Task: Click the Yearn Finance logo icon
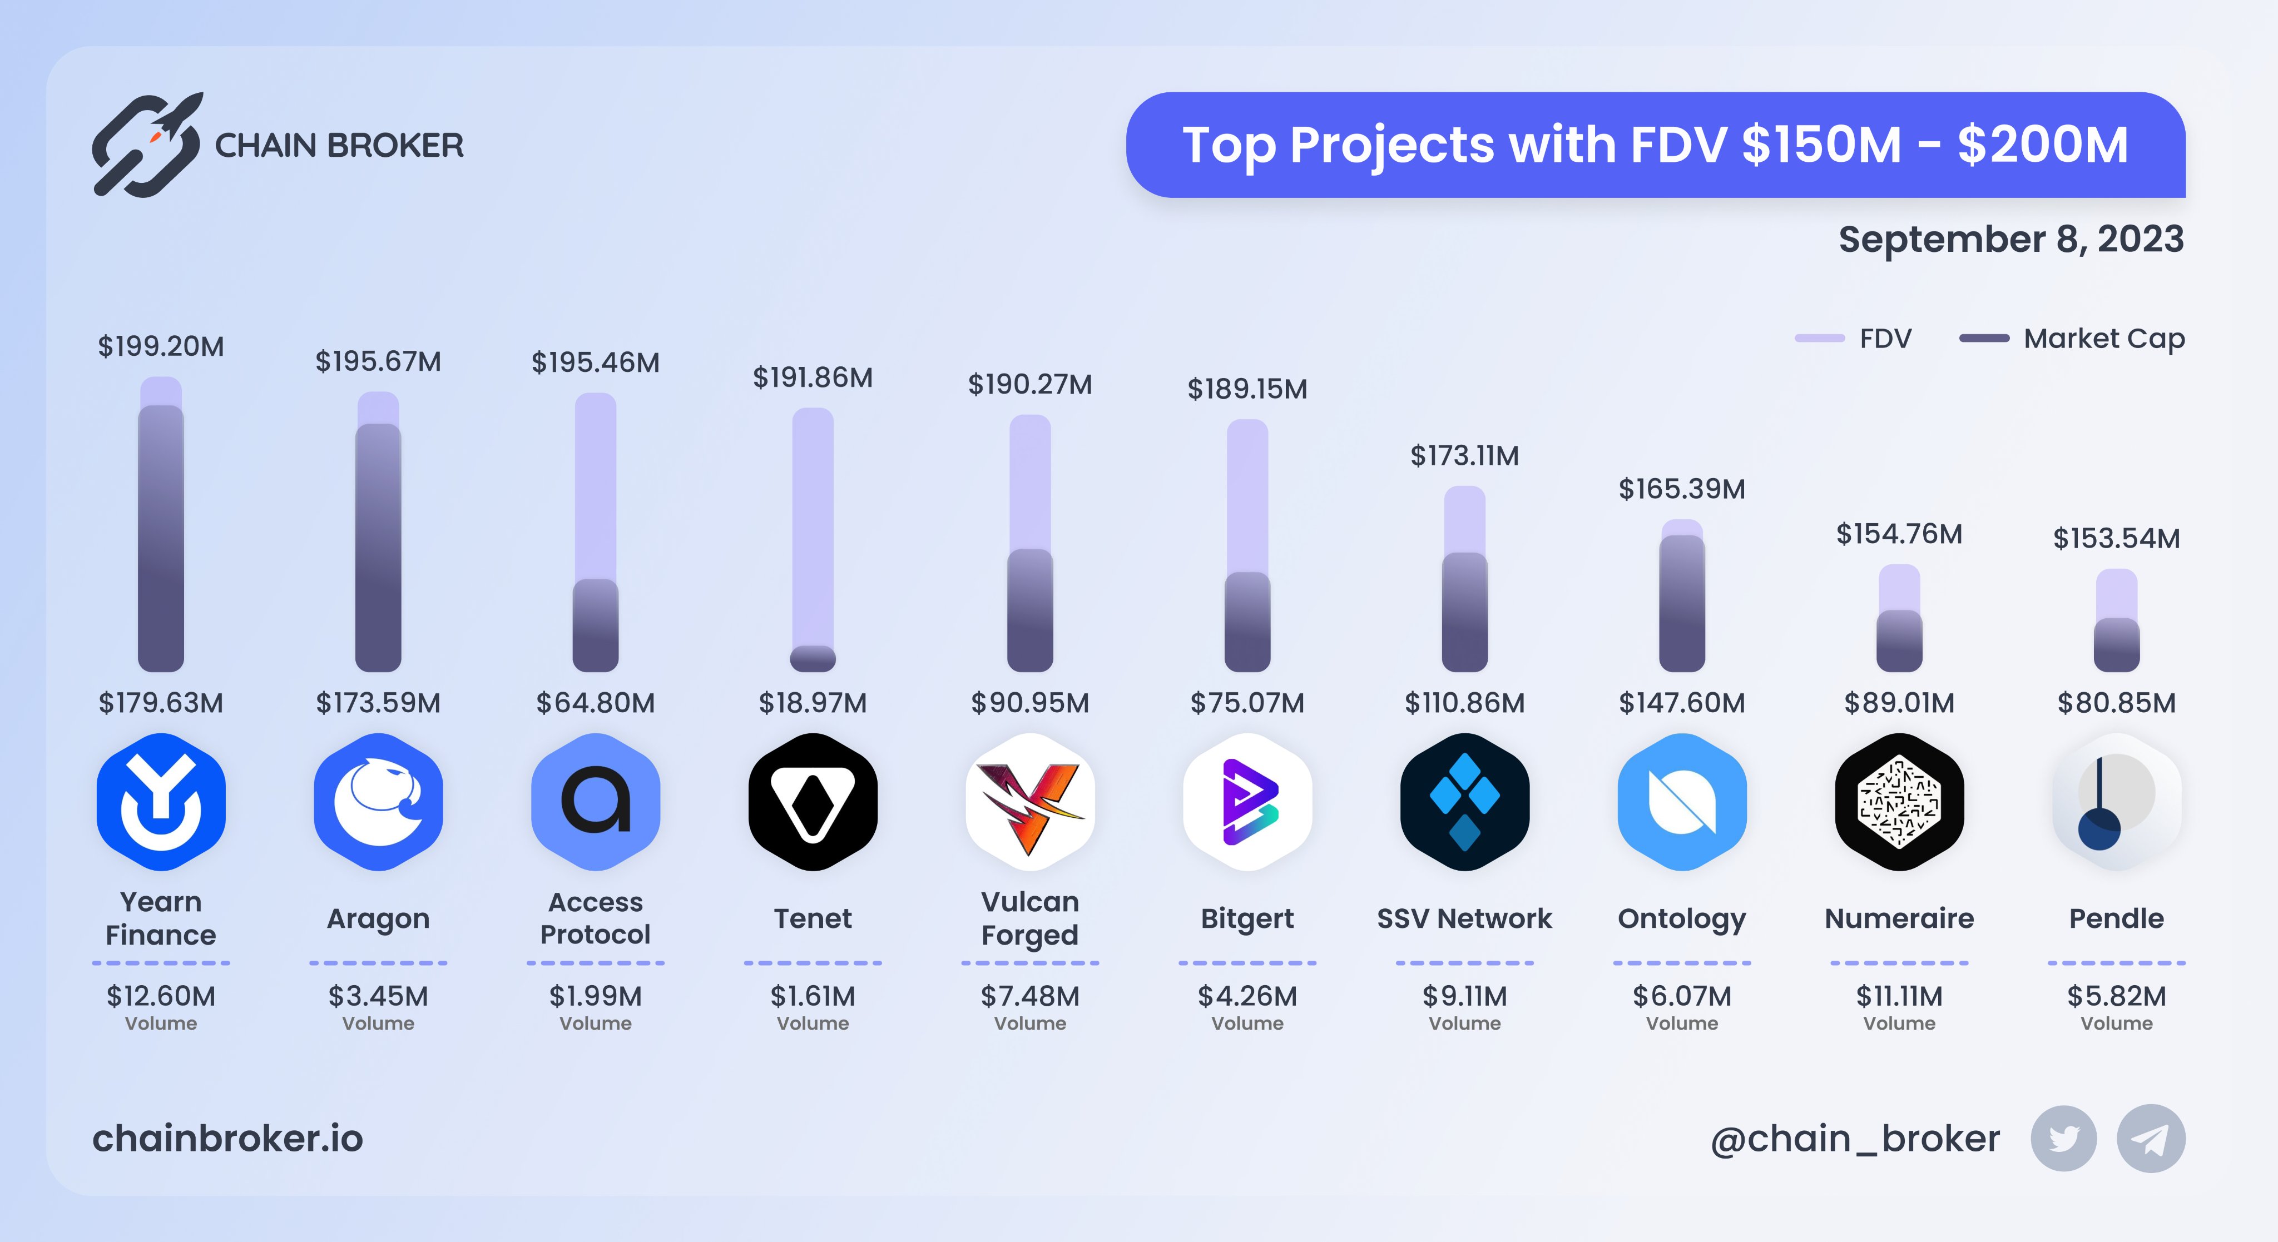click(x=161, y=802)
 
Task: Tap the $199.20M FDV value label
click(x=161, y=346)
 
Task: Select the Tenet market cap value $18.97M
click(x=813, y=703)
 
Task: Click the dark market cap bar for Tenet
click(x=813, y=659)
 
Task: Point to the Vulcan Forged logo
click(x=1030, y=802)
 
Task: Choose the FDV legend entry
click(x=1854, y=339)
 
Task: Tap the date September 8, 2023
click(x=2011, y=239)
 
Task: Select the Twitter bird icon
click(x=2064, y=1139)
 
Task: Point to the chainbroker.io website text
click(x=228, y=1139)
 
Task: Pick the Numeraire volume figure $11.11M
click(x=1899, y=996)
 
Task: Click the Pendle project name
click(x=2116, y=918)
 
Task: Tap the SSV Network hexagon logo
click(x=1464, y=802)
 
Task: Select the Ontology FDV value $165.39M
click(x=1682, y=489)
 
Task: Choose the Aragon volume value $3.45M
click(x=379, y=996)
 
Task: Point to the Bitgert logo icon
click(x=1247, y=802)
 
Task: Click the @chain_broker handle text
click(x=1855, y=1139)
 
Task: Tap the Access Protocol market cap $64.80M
click(x=595, y=703)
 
